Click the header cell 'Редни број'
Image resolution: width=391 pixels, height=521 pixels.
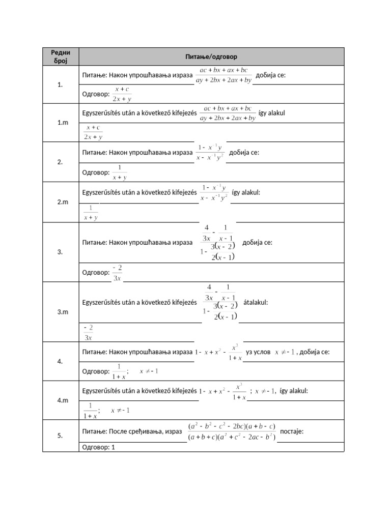60,56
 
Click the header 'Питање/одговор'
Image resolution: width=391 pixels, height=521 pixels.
211,56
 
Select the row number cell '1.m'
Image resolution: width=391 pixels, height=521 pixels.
60,123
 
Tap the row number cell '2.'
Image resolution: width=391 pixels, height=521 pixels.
60,162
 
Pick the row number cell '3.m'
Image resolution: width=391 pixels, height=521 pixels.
60,312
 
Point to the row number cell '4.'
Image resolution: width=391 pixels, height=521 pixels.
60,361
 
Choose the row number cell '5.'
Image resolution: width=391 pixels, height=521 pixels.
60,436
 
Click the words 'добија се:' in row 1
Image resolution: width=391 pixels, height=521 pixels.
270,75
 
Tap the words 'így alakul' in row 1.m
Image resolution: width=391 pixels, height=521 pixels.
271,112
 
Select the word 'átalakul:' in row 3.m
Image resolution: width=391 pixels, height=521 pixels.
256,302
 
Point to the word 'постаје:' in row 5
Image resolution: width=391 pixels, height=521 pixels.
292,431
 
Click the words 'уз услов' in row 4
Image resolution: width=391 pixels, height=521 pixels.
258,352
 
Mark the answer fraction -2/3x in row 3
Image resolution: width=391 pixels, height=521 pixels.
117,273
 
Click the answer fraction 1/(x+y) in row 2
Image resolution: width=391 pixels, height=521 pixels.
120,172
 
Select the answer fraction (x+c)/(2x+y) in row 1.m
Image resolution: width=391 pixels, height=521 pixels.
93,132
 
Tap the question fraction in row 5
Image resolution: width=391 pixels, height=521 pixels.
232,431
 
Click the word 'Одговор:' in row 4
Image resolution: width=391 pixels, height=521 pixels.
96,371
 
